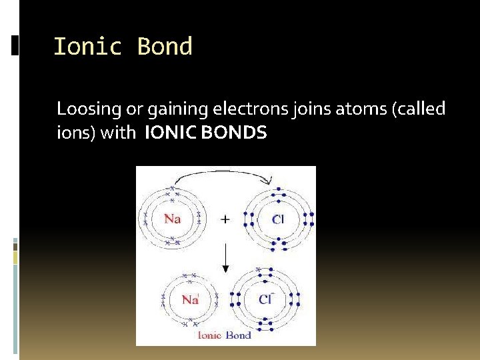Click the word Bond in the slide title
click(x=165, y=47)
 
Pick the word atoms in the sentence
click(x=343, y=109)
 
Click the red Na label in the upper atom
click(x=172, y=219)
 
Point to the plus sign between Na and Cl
click(x=225, y=219)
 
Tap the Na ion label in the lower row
click(x=191, y=299)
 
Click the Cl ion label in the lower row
click(x=265, y=299)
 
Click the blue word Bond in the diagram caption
click(x=239, y=335)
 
